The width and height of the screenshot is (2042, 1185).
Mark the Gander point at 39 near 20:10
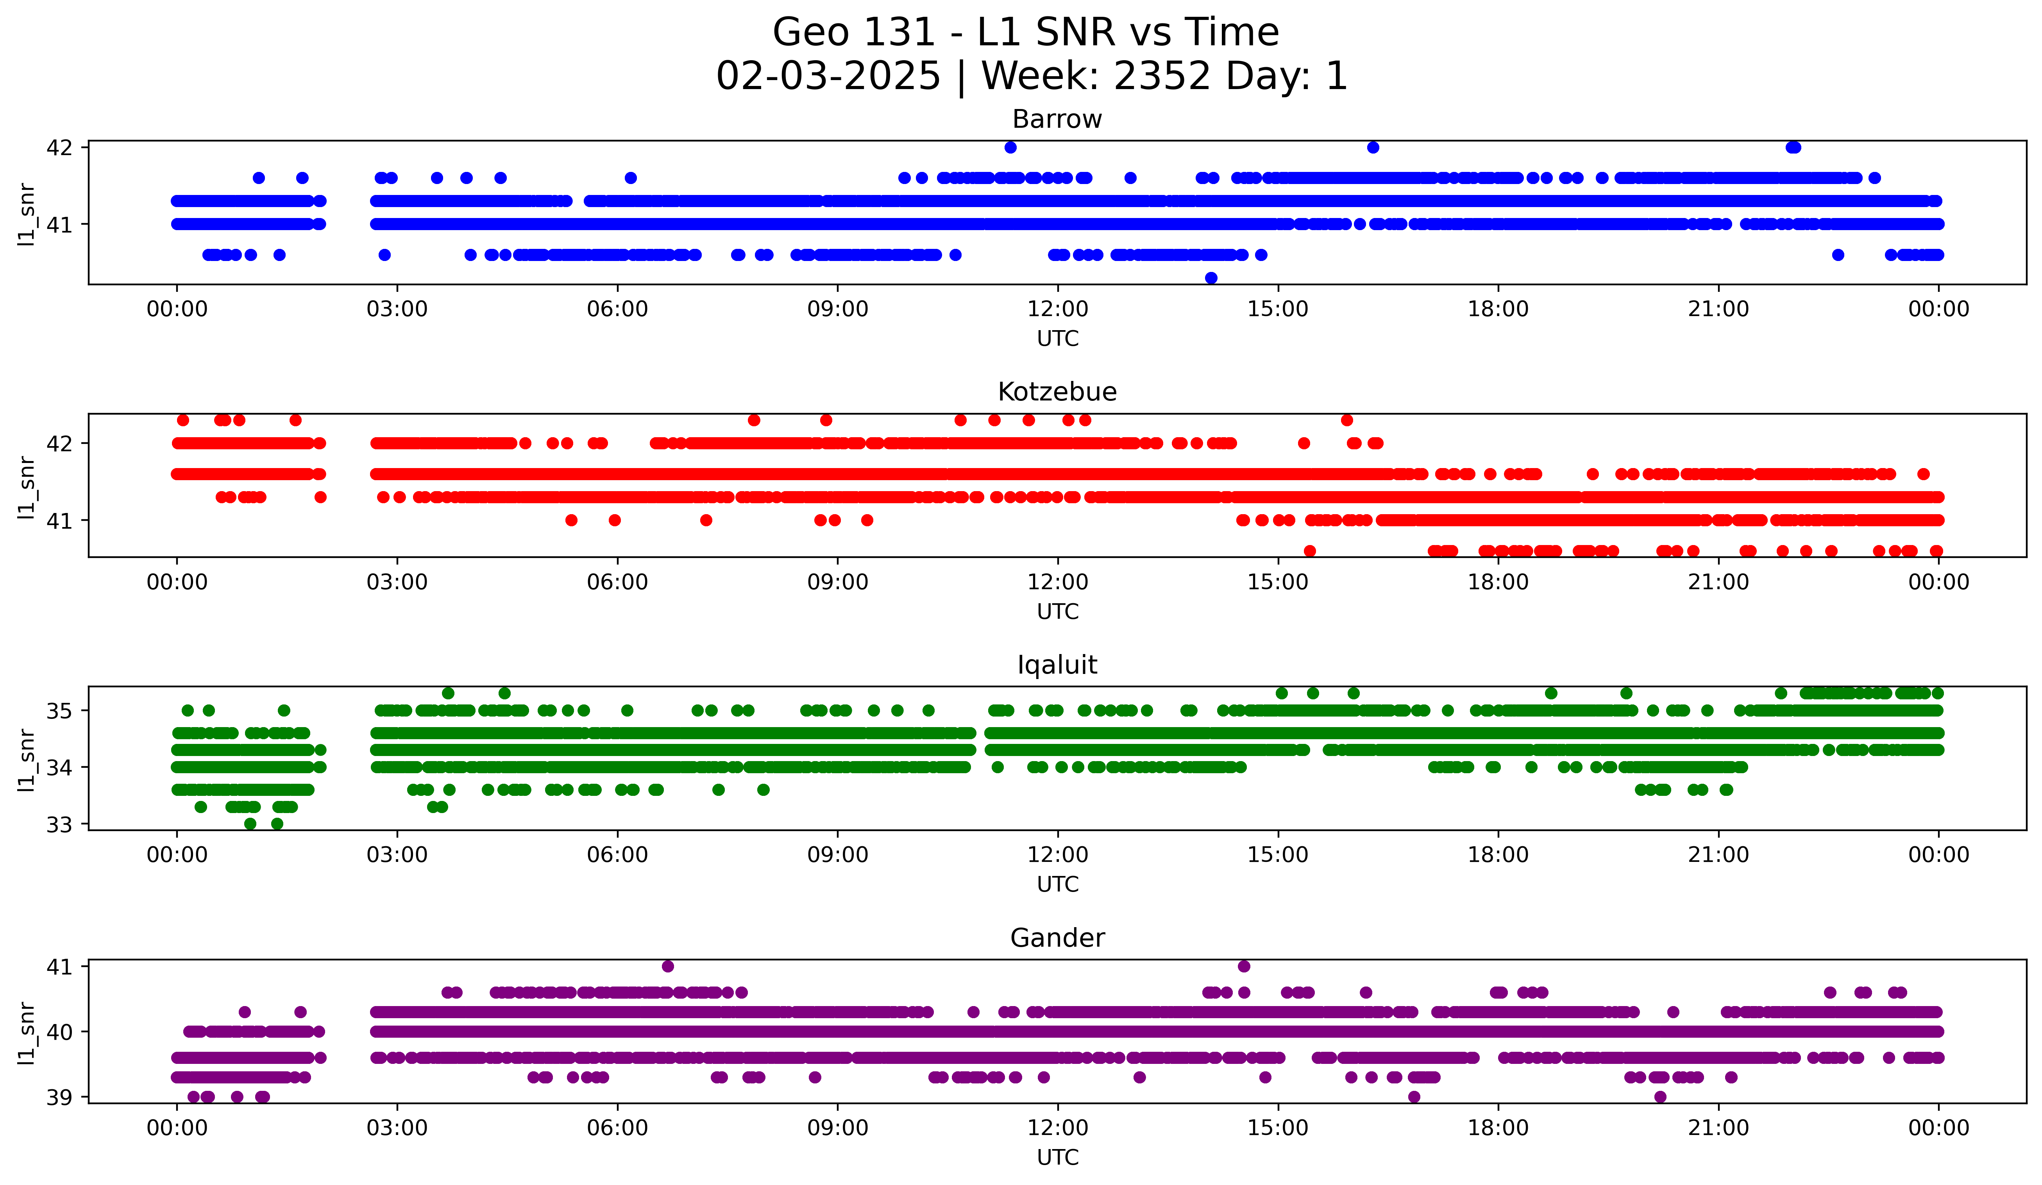click(x=1660, y=1097)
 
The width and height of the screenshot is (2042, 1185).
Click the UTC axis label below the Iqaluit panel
click(x=1057, y=884)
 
